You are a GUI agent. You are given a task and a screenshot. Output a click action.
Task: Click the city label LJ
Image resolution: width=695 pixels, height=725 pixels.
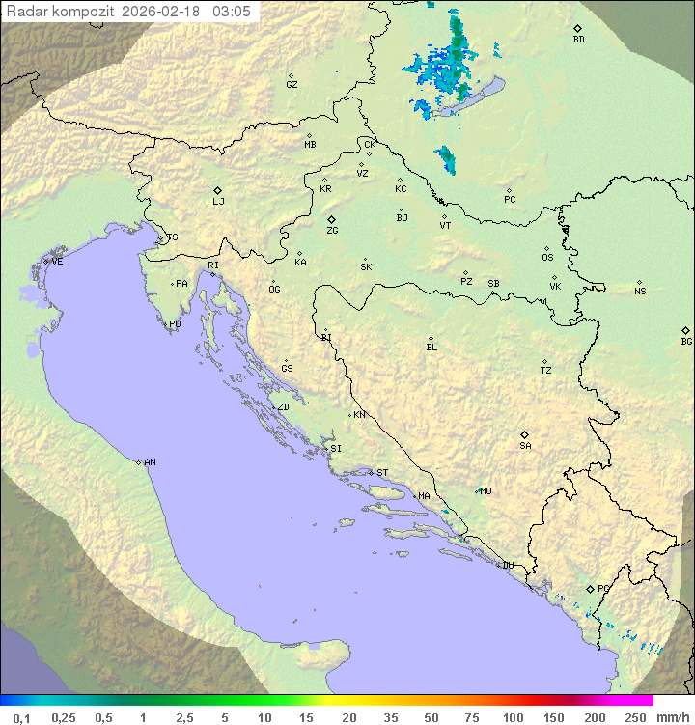point(218,202)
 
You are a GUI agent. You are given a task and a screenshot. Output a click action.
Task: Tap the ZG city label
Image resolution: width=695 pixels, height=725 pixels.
point(332,231)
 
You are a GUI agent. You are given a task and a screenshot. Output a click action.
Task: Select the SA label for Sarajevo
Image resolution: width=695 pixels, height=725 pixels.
point(525,446)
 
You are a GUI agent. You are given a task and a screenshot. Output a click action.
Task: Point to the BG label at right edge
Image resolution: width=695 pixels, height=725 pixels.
point(686,341)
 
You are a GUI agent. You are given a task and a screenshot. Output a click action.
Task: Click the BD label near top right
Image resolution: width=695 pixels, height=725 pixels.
point(578,40)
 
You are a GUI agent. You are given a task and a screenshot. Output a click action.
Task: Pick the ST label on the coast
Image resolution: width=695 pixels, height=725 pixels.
point(382,473)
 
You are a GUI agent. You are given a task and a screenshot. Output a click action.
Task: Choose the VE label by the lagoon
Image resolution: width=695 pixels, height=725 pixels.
point(57,262)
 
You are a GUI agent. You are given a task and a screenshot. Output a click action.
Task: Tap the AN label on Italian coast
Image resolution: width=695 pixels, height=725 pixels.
point(150,462)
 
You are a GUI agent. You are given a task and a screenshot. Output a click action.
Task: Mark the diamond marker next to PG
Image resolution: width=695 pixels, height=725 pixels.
point(590,588)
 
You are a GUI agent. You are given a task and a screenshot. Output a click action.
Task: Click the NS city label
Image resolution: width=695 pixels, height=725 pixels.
point(640,292)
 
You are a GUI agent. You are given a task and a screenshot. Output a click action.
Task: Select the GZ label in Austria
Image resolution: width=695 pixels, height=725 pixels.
point(292,85)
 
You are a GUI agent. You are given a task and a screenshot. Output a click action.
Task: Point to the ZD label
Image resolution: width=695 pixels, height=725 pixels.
point(283,407)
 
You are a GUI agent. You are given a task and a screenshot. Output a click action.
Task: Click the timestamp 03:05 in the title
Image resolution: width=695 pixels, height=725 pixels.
point(233,12)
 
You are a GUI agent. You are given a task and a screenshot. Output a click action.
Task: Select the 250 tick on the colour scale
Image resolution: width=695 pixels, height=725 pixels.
point(635,717)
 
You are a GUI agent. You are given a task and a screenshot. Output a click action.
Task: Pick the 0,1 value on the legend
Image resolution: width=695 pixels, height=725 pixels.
point(22,717)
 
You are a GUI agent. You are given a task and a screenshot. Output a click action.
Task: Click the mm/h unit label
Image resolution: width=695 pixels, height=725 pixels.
point(673,717)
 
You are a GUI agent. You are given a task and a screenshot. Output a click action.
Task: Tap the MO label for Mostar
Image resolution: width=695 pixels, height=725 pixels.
point(486,490)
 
